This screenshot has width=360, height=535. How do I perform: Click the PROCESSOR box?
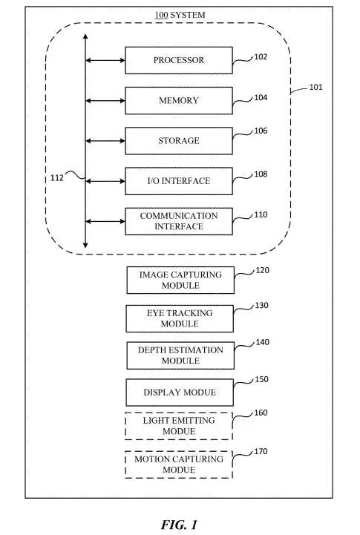[x=179, y=60]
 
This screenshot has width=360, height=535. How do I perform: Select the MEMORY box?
[x=179, y=101]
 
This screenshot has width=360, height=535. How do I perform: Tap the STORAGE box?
[x=179, y=141]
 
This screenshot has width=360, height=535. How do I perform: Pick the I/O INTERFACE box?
[x=179, y=181]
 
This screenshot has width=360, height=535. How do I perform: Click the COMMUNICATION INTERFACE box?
[x=179, y=221]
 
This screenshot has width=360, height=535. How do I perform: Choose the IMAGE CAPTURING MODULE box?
[x=180, y=280]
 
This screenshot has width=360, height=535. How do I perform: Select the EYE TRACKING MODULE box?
[x=180, y=318]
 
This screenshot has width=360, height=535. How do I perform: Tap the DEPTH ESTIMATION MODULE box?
[x=180, y=355]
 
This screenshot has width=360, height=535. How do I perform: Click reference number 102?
[x=261, y=57]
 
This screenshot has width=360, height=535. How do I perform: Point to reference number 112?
[x=57, y=178]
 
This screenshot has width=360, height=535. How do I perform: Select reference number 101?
[x=315, y=87]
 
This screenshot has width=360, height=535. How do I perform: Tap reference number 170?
[x=261, y=451]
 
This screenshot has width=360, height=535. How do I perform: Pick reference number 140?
[x=263, y=342]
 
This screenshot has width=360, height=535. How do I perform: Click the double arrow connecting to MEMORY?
[x=105, y=101]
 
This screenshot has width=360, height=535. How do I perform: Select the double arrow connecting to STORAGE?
[x=105, y=141]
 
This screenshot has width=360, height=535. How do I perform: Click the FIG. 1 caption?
[x=179, y=525]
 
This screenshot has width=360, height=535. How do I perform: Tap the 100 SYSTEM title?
[x=180, y=15]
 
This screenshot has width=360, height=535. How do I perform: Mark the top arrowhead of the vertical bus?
[x=85, y=34]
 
